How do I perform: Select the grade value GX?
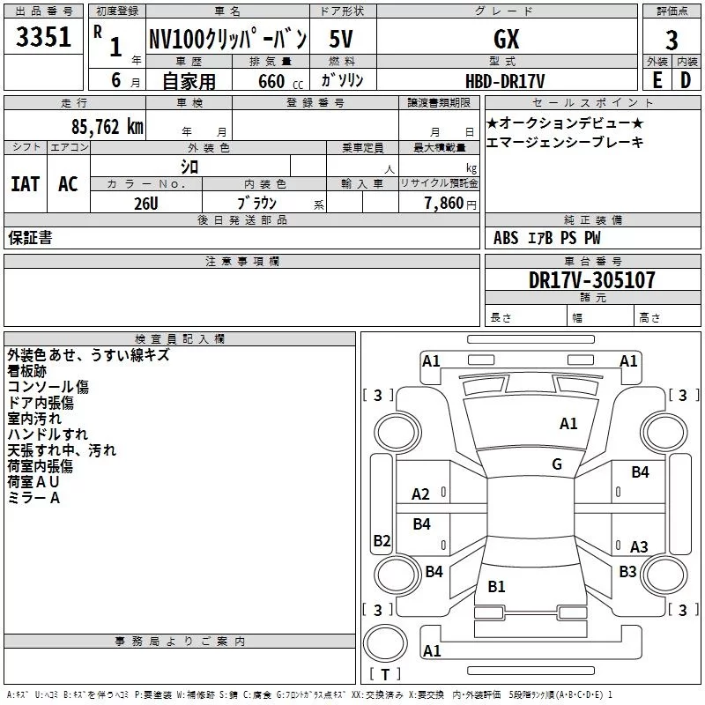pos(506,40)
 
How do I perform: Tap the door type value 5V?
pos(342,40)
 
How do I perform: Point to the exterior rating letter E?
pos(657,80)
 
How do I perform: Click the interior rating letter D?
pos(685,80)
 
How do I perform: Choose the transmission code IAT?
pos(25,183)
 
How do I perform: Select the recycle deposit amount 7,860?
pos(443,204)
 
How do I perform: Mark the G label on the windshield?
pos(557,464)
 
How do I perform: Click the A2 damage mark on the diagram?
pos(421,494)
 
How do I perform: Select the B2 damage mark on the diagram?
pos(382,541)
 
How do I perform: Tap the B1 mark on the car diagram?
pos(496,587)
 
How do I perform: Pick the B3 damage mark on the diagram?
pos(627,572)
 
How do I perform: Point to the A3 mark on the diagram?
pos(639,547)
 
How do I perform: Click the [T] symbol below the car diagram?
pos(385,674)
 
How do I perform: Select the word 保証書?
pos(31,237)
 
